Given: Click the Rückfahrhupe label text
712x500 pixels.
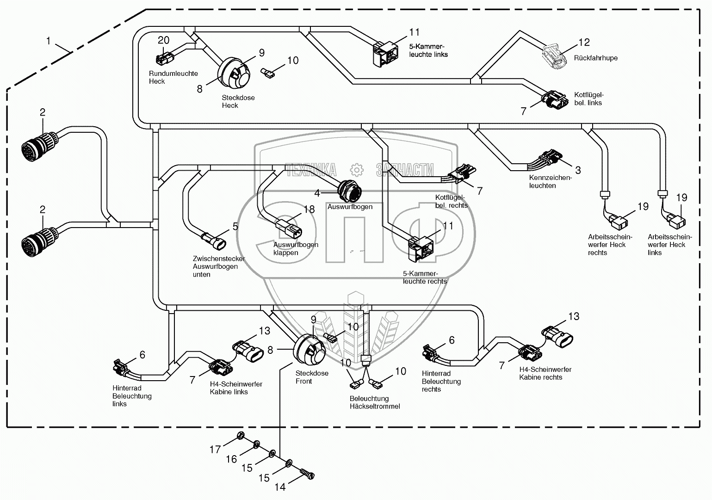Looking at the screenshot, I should pos(595,58).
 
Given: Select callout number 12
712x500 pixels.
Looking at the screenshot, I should pos(584,43).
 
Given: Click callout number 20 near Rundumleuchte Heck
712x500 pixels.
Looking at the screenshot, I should pos(164,40).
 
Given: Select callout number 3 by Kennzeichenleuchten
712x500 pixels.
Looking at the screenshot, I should pos(578,170).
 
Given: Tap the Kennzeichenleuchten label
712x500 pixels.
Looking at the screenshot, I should pos(551,182).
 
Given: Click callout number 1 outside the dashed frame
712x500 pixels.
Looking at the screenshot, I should pos(48,41).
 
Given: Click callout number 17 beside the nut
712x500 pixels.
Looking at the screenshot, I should pos(215,449).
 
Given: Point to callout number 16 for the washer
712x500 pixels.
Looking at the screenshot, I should pos(231,459).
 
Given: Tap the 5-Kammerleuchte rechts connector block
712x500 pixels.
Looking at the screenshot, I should pos(421,246).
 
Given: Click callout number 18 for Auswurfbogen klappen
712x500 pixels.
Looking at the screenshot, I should pos(309,210).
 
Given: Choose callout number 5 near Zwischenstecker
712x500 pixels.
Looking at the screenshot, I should pos(235,227).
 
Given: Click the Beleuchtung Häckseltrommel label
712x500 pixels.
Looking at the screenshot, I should pos(375,402).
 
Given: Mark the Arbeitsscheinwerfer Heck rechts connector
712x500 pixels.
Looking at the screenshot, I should pos(618,222).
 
